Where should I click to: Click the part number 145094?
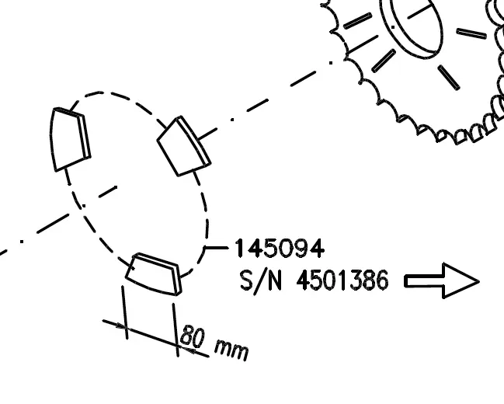(279, 248)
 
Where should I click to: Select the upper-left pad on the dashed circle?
(70, 138)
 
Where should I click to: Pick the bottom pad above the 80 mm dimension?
(154, 273)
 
